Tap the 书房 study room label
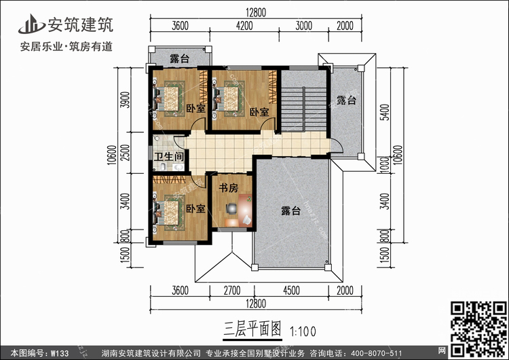(x=227, y=187)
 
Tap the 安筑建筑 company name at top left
(x=79, y=24)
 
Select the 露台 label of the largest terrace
(x=291, y=211)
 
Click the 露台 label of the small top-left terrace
(x=179, y=58)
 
